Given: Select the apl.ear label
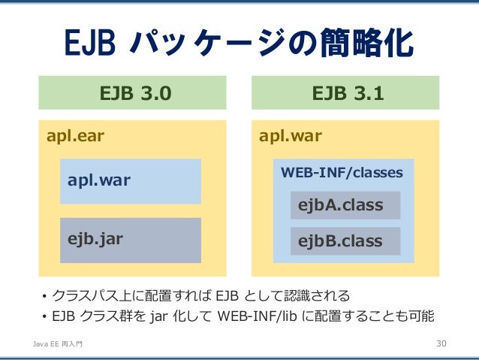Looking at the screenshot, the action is (76, 136).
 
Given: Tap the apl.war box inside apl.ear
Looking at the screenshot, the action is (131, 181).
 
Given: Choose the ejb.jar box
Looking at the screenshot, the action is (131, 240).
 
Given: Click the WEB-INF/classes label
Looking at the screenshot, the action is (342, 173).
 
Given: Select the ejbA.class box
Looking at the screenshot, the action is (345, 205).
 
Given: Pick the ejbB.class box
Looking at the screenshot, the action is (345, 241).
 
